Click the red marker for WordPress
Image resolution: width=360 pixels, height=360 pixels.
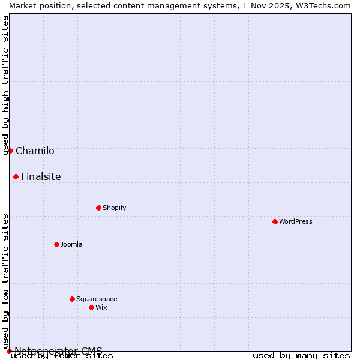tap(275, 221)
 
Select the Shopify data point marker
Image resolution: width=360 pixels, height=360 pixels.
tap(98, 208)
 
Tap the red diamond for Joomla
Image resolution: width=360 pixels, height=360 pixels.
tap(56, 244)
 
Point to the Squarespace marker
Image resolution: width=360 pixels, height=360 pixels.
tap(72, 299)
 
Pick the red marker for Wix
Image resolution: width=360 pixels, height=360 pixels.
tap(91, 307)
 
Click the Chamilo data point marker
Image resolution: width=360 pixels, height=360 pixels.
tap(10, 151)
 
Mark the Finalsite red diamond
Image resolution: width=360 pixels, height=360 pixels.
tap(16, 176)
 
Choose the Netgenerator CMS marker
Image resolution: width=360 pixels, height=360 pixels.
tap(9, 351)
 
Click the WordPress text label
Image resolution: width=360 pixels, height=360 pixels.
tap(296, 221)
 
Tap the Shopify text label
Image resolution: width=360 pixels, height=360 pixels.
tap(115, 208)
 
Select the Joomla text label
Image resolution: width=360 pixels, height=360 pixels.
tap(71, 244)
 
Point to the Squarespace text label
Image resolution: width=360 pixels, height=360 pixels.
tap(97, 299)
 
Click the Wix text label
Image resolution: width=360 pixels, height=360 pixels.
tap(101, 307)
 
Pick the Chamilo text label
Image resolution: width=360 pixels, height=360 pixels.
tap(35, 151)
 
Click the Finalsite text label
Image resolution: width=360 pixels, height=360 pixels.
tap(41, 176)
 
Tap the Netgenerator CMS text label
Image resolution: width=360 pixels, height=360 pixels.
tap(58, 351)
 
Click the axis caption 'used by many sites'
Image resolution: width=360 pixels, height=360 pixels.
tap(301, 355)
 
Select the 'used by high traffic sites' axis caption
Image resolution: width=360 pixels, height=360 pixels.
tap(6, 85)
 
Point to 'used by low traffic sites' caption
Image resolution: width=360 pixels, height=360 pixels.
tap(6, 281)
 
